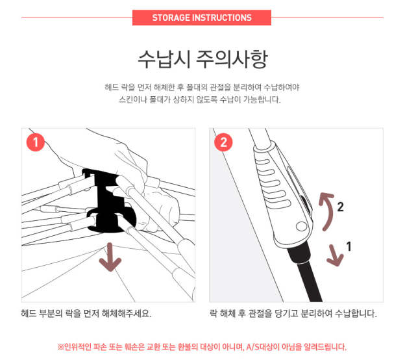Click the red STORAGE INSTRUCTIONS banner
(x=202, y=18)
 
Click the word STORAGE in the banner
(x=171, y=18)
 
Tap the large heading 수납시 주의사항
(x=202, y=59)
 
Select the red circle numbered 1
(x=36, y=142)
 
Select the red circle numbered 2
(x=223, y=142)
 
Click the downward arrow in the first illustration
(x=110, y=257)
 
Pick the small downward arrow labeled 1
(x=335, y=255)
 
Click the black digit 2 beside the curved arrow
(x=341, y=207)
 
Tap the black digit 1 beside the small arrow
(x=349, y=246)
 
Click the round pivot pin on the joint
(x=301, y=226)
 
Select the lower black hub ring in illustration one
(x=112, y=220)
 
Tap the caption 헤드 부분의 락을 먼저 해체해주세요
(x=86, y=313)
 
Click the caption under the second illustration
(x=293, y=313)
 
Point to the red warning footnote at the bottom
(x=202, y=346)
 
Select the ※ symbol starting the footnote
(x=60, y=347)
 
